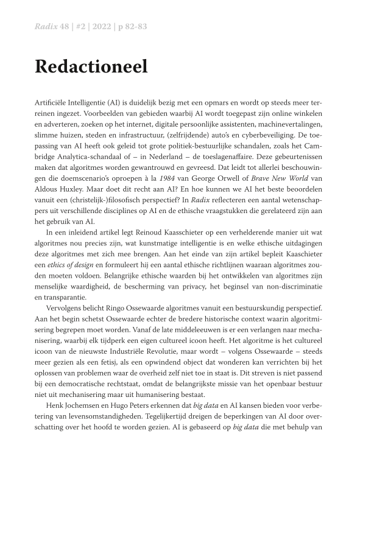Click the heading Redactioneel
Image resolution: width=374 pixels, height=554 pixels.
[91, 67]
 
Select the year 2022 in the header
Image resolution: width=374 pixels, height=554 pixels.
[96, 27]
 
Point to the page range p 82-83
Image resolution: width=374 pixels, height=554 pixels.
[132, 27]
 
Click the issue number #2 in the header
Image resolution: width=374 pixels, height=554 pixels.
[76, 27]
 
